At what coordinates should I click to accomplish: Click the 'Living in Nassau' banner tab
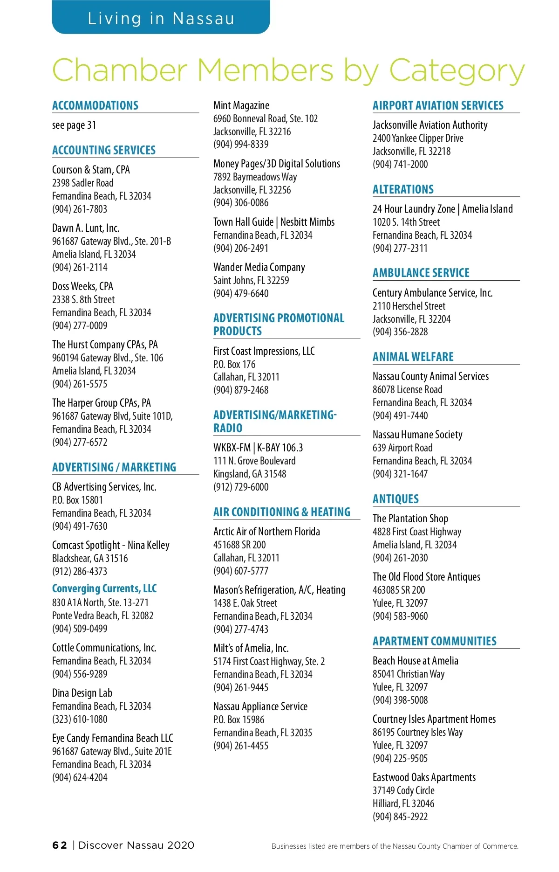tap(161, 18)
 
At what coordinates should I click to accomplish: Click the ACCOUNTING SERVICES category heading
tap(104, 150)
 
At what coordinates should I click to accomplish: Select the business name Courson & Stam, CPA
tap(91, 170)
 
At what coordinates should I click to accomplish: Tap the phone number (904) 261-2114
tap(80, 267)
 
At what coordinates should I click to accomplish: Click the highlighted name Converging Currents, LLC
tap(104, 588)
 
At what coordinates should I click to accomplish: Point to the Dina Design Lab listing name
tap(82, 693)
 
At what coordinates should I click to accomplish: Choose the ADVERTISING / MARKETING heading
tap(114, 467)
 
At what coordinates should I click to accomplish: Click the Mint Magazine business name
tap(241, 105)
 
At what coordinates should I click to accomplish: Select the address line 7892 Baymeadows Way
tap(255, 177)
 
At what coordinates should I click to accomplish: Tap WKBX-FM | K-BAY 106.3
tap(258, 448)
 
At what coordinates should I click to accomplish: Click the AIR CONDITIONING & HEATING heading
tap(282, 512)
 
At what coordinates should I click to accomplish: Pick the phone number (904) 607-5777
tap(241, 571)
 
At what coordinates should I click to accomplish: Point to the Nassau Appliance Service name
tap(260, 706)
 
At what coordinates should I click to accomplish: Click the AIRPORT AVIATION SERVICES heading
tap(438, 105)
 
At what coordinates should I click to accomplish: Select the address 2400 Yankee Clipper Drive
tap(418, 138)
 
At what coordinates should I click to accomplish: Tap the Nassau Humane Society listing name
tap(417, 435)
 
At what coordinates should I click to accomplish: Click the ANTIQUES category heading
tap(395, 499)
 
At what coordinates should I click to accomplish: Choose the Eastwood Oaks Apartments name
tap(424, 777)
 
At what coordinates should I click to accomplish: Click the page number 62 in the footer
tap(60, 845)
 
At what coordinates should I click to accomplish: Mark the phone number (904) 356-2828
tap(400, 332)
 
